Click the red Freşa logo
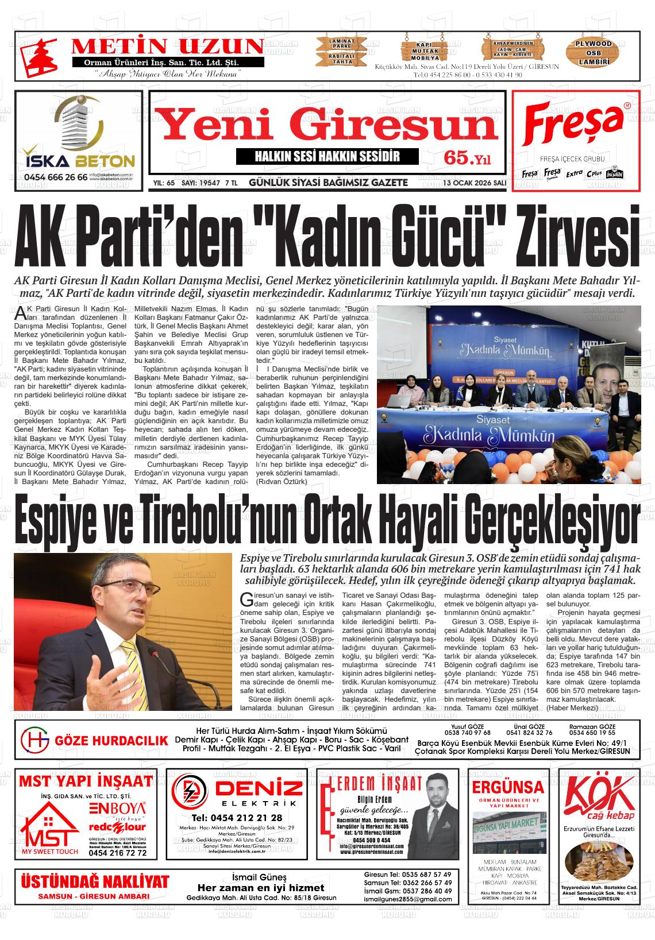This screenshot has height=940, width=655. tap(575, 125)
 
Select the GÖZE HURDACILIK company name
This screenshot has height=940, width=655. tap(111, 741)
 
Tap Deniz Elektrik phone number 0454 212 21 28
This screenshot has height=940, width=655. tap(237, 818)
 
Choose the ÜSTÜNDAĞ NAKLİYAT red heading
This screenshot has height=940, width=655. tap(95, 881)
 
